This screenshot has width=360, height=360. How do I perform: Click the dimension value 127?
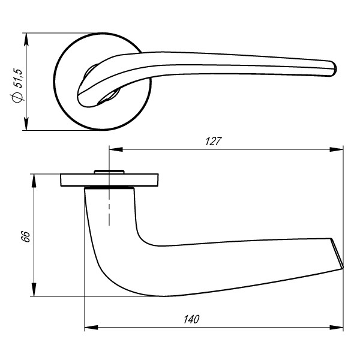pos(214,142)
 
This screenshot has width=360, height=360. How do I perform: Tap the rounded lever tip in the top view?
pos(331,68)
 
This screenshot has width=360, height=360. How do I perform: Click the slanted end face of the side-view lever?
pos(337,252)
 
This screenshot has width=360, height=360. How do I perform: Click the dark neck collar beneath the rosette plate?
pos(109,188)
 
